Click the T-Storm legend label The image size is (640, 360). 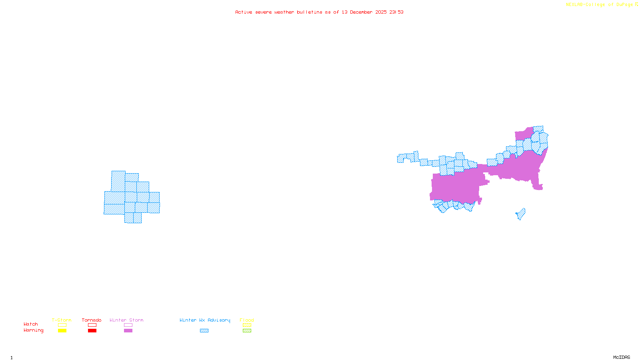pos(62,320)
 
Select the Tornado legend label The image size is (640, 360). pos(92,320)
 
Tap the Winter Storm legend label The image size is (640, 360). pos(126,320)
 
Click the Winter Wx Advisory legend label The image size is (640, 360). pos(205,320)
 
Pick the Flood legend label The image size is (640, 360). pos(247,320)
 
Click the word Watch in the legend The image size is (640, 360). pos(31,324)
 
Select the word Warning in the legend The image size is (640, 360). pos(33,330)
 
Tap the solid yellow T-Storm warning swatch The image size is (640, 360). pos(62,331)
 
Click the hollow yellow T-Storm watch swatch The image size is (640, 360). pos(62,325)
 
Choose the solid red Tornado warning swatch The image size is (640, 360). pos(92,331)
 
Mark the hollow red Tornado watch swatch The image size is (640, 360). pos(92,325)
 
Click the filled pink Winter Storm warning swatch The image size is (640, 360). pos(128,331)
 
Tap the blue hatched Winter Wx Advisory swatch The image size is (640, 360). pos(204,331)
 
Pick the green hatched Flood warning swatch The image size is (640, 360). pos(247,331)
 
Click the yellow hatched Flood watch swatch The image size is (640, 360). pos(247,325)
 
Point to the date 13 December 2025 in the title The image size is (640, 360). pos(364,12)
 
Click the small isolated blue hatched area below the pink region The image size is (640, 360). pos(521,214)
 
